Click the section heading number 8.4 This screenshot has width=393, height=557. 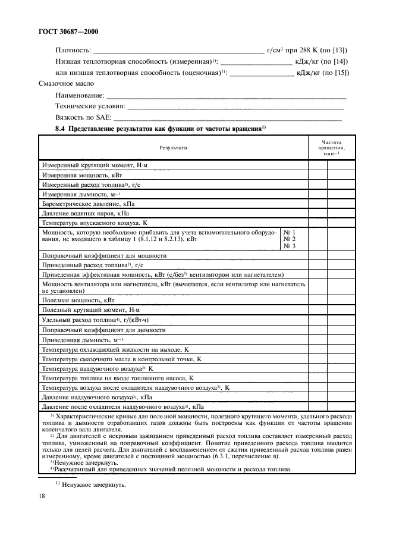(x=61, y=129)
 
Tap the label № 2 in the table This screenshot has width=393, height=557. (x=289, y=239)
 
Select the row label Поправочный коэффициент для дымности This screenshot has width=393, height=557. (x=103, y=330)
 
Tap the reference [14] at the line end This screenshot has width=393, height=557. (x=341, y=61)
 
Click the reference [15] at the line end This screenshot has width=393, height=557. (x=341, y=73)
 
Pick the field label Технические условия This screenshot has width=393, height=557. (x=90, y=107)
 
